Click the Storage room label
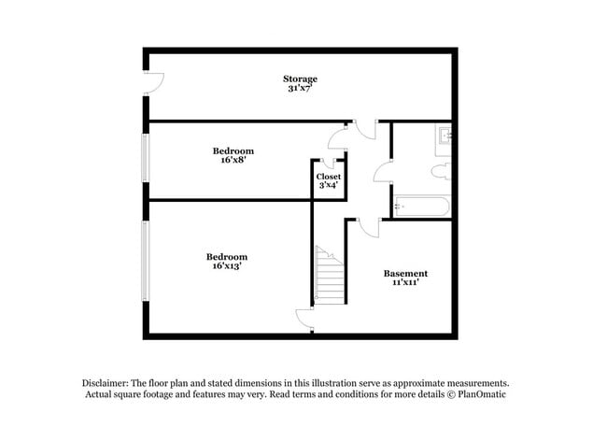tap(301, 78)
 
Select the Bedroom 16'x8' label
tap(233, 150)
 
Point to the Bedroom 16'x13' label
tap(227, 256)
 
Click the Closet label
tap(328, 177)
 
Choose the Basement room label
tap(405, 273)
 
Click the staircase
tap(330, 277)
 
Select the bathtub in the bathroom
tap(421, 207)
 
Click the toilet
tap(442, 169)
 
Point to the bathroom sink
tap(444, 137)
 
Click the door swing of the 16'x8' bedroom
tap(338, 137)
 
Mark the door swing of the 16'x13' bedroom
tap(304, 320)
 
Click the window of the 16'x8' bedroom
tap(145, 158)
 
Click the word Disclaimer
tap(104, 383)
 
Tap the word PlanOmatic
tap(482, 395)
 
